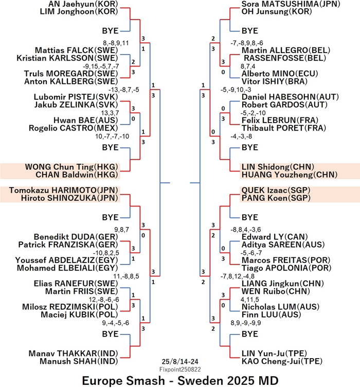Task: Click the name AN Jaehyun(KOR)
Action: pos(83,4)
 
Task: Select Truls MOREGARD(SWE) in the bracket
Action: pos(71,74)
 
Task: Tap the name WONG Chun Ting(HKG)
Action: pos(71,167)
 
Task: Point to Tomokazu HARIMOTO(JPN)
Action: pos(63,190)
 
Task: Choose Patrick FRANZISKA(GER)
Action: pos(68,244)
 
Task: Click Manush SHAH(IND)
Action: pos(79,361)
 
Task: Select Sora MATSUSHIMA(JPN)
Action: pos(291,4)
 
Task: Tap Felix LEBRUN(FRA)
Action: pos(280,120)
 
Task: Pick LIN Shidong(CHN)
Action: pos(278,167)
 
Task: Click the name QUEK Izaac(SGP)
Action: pos(276,190)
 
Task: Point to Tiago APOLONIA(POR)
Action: pos(286,268)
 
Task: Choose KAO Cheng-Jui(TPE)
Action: pos(282,361)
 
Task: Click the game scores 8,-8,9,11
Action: pos(116,43)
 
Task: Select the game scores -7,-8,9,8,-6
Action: pos(247,43)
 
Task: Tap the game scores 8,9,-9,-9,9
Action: pos(245,323)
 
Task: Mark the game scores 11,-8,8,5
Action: pos(126,276)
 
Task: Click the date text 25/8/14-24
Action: pos(180,362)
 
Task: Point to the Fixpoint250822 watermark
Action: pos(180,369)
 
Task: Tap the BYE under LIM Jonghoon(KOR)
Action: pos(111,31)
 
